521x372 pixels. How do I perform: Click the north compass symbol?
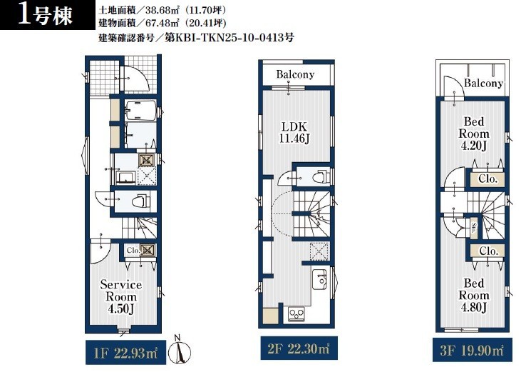[180, 351]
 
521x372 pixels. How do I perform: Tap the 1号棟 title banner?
[48, 15]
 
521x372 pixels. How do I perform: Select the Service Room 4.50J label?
[121, 297]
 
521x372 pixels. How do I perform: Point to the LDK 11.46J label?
[294, 132]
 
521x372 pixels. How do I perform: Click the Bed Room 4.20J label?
[474, 134]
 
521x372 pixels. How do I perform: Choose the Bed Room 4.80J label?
[474, 295]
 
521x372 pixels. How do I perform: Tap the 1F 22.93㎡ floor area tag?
[125, 353]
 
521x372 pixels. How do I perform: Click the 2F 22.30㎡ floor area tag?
[299, 348]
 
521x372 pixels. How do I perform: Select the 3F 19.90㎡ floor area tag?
[472, 350]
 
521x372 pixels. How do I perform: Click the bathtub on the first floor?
[141, 110]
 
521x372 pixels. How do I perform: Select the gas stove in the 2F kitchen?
[296, 314]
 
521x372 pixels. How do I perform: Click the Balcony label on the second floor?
[295, 74]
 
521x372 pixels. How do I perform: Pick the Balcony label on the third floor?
[483, 83]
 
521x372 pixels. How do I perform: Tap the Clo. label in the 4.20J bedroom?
[488, 179]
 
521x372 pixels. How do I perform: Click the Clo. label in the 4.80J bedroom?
[488, 251]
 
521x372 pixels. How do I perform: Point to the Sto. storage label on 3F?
[473, 228]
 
